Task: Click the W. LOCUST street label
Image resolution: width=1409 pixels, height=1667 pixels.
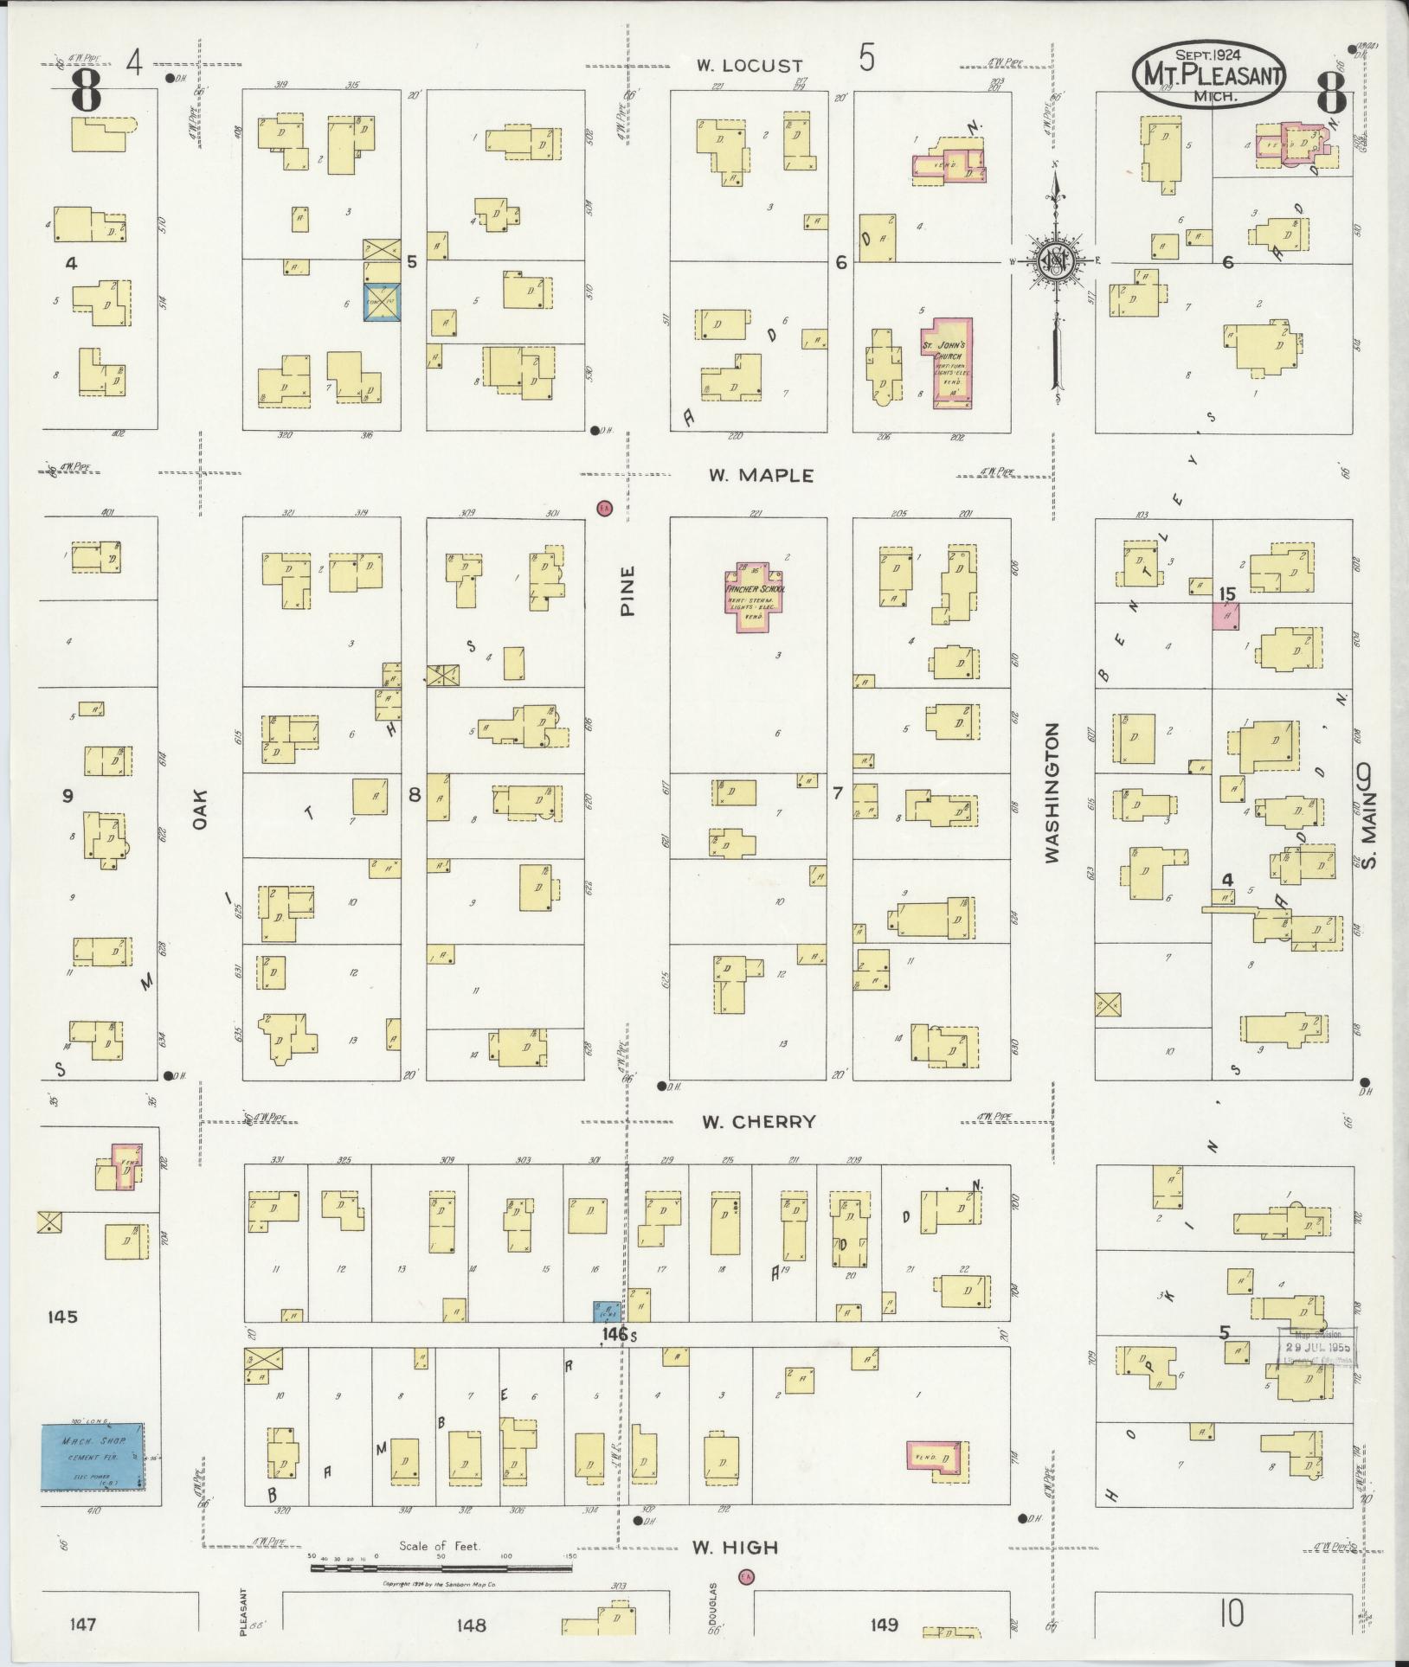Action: pyautogui.click(x=750, y=65)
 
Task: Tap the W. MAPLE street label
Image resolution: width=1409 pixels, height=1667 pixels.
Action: pyautogui.click(x=761, y=475)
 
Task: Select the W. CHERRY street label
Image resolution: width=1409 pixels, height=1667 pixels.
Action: pyautogui.click(x=758, y=1122)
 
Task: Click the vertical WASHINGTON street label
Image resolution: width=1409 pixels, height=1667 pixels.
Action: pyautogui.click(x=1052, y=793)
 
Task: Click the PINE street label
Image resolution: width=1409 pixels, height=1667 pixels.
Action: pyautogui.click(x=627, y=590)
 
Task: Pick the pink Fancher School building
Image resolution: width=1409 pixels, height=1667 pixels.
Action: pyautogui.click(x=755, y=596)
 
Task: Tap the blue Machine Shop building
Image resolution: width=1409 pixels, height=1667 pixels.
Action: pyautogui.click(x=93, y=1458)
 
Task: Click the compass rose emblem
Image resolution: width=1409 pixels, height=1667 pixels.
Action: pyautogui.click(x=1055, y=260)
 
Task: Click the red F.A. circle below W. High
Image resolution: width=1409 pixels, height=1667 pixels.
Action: pyautogui.click(x=744, y=1577)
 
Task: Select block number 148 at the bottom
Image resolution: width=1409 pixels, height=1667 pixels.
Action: pyautogui.click(x=472, y=1625)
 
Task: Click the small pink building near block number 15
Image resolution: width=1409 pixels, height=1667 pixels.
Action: pyautogui.click(x=1225, y=616)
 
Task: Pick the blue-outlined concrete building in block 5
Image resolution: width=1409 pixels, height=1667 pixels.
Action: pyautogui.click(x=381, y=301)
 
